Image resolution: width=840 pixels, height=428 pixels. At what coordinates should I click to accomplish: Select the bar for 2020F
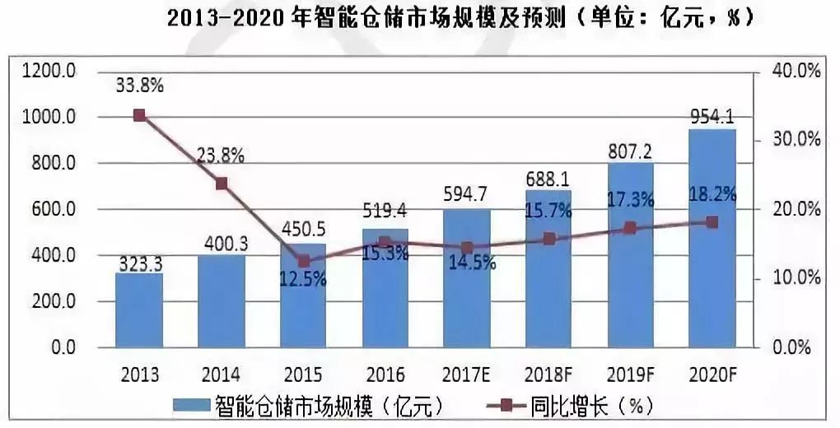[x=712, y=239]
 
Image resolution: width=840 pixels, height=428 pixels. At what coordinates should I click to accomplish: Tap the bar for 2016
[x=385, y=288]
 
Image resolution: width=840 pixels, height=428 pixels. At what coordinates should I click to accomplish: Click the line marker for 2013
[x=139, y=115]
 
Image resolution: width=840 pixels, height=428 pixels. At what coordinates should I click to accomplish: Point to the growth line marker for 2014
[x=222, y=184]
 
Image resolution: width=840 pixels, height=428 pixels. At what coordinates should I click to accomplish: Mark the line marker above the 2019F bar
[x=630, y=228]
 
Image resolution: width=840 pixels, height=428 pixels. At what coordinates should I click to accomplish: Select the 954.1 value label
[x=712, y=115]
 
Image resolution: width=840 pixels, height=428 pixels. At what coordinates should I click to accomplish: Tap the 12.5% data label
[x=302, y=280]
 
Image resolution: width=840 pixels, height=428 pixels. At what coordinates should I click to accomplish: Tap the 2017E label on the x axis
[x=467, y=375]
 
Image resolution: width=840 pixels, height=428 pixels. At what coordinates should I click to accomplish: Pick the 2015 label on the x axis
[x=302, y=375]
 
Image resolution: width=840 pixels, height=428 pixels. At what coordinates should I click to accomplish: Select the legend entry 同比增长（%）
[x=568, y=406]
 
